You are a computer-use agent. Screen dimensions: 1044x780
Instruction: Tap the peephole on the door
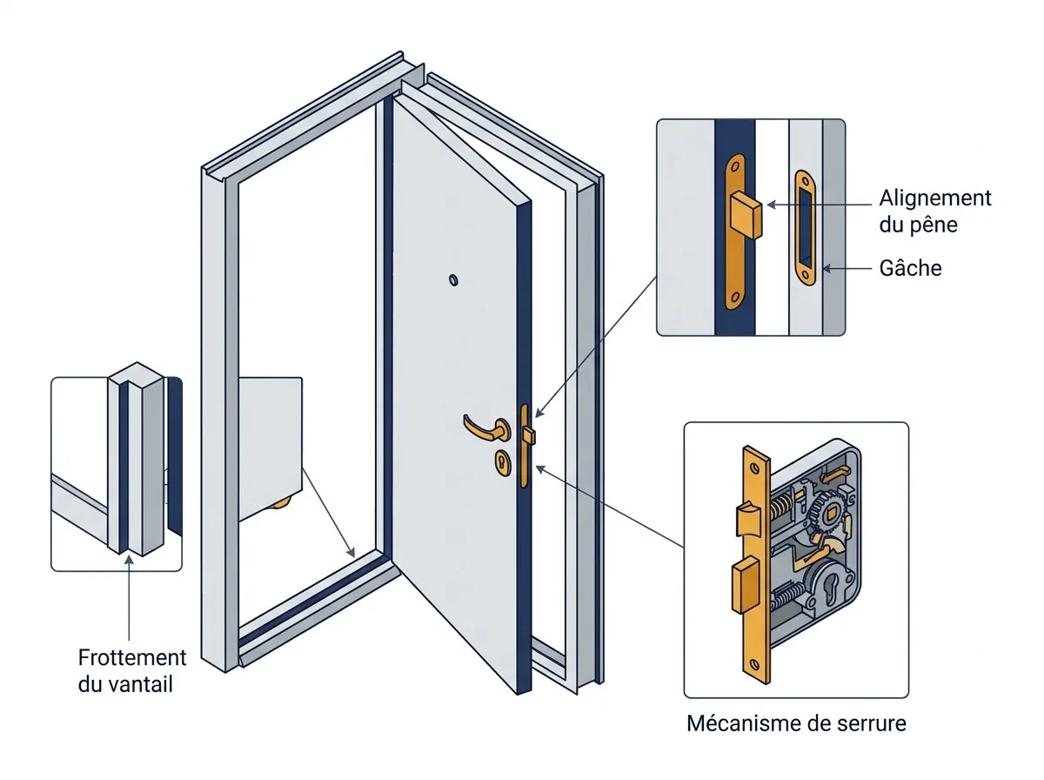(x=453, y=279)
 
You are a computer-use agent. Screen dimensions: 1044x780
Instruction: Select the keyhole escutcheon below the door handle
(x=502, y=462)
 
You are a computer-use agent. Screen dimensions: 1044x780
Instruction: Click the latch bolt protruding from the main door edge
(x=529, y=435)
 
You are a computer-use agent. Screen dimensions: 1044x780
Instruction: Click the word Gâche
(x=910, y=268)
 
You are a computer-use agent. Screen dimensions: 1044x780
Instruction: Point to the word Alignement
(x=935, y=198)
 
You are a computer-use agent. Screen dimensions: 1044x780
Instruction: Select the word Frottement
(x=131, y=657)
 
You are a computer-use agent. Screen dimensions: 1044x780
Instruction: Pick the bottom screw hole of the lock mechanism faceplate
(x=754, y=664)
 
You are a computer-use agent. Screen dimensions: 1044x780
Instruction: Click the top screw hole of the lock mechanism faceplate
(x=754, y=468)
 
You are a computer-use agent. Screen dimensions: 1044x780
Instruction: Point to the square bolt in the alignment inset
(x=746, y=215)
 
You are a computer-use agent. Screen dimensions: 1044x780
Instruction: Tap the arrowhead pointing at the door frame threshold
(x=351, y=552)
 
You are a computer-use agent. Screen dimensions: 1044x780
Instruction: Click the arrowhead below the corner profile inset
(x=129, y=560)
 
